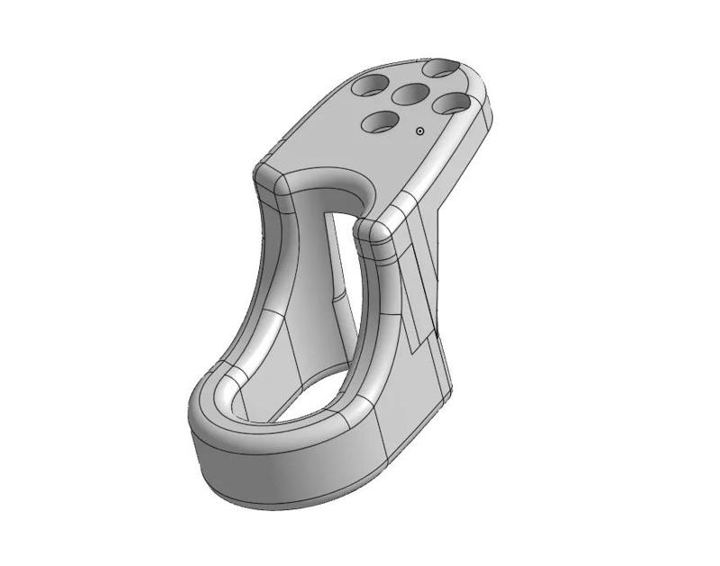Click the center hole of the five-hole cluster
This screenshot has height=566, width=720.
[x=409, y=94]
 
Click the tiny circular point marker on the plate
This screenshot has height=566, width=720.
[x=420, y=131]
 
